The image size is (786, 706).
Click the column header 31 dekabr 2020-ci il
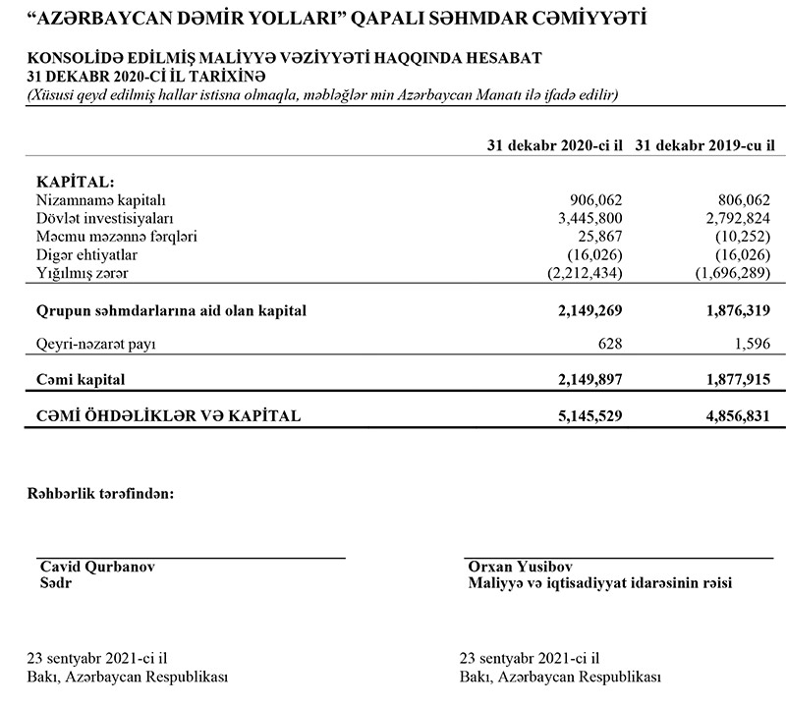pyautogui.click(x=555, y=145)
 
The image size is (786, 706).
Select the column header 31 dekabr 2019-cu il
pyautogui.click(x=704, y=145)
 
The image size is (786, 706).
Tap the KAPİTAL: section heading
pyautogui.click(x=75, y=183)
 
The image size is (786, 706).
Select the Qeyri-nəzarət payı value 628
pyautogui.click(x=610, y=345)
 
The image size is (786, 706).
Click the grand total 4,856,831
pyautogui.click(x=731, y=416)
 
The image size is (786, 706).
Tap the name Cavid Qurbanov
pyautogui.click(x=96, y=567)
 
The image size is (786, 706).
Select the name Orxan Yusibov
pyautogui.click(x=521, y=567)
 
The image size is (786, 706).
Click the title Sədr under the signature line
pyautogui.click(x=55, y=583)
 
